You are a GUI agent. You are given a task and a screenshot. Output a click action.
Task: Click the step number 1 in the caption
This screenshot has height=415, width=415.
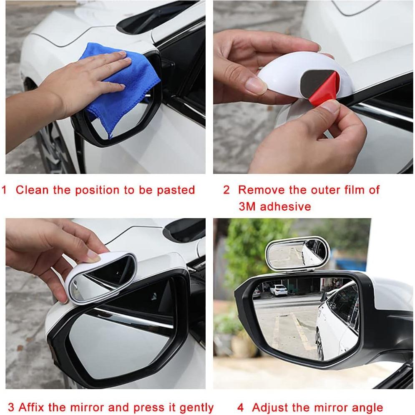(x=5, y=190)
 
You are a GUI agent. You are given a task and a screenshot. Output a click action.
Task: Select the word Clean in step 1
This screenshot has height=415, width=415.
(x=33, y=190)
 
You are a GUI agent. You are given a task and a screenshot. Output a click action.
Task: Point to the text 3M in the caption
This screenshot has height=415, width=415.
(x=248, y=206)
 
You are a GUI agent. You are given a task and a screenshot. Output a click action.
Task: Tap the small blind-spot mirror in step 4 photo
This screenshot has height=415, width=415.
(x=297, y=254)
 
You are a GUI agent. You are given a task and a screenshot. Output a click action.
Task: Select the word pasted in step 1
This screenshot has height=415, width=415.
(x=176, y=190)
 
